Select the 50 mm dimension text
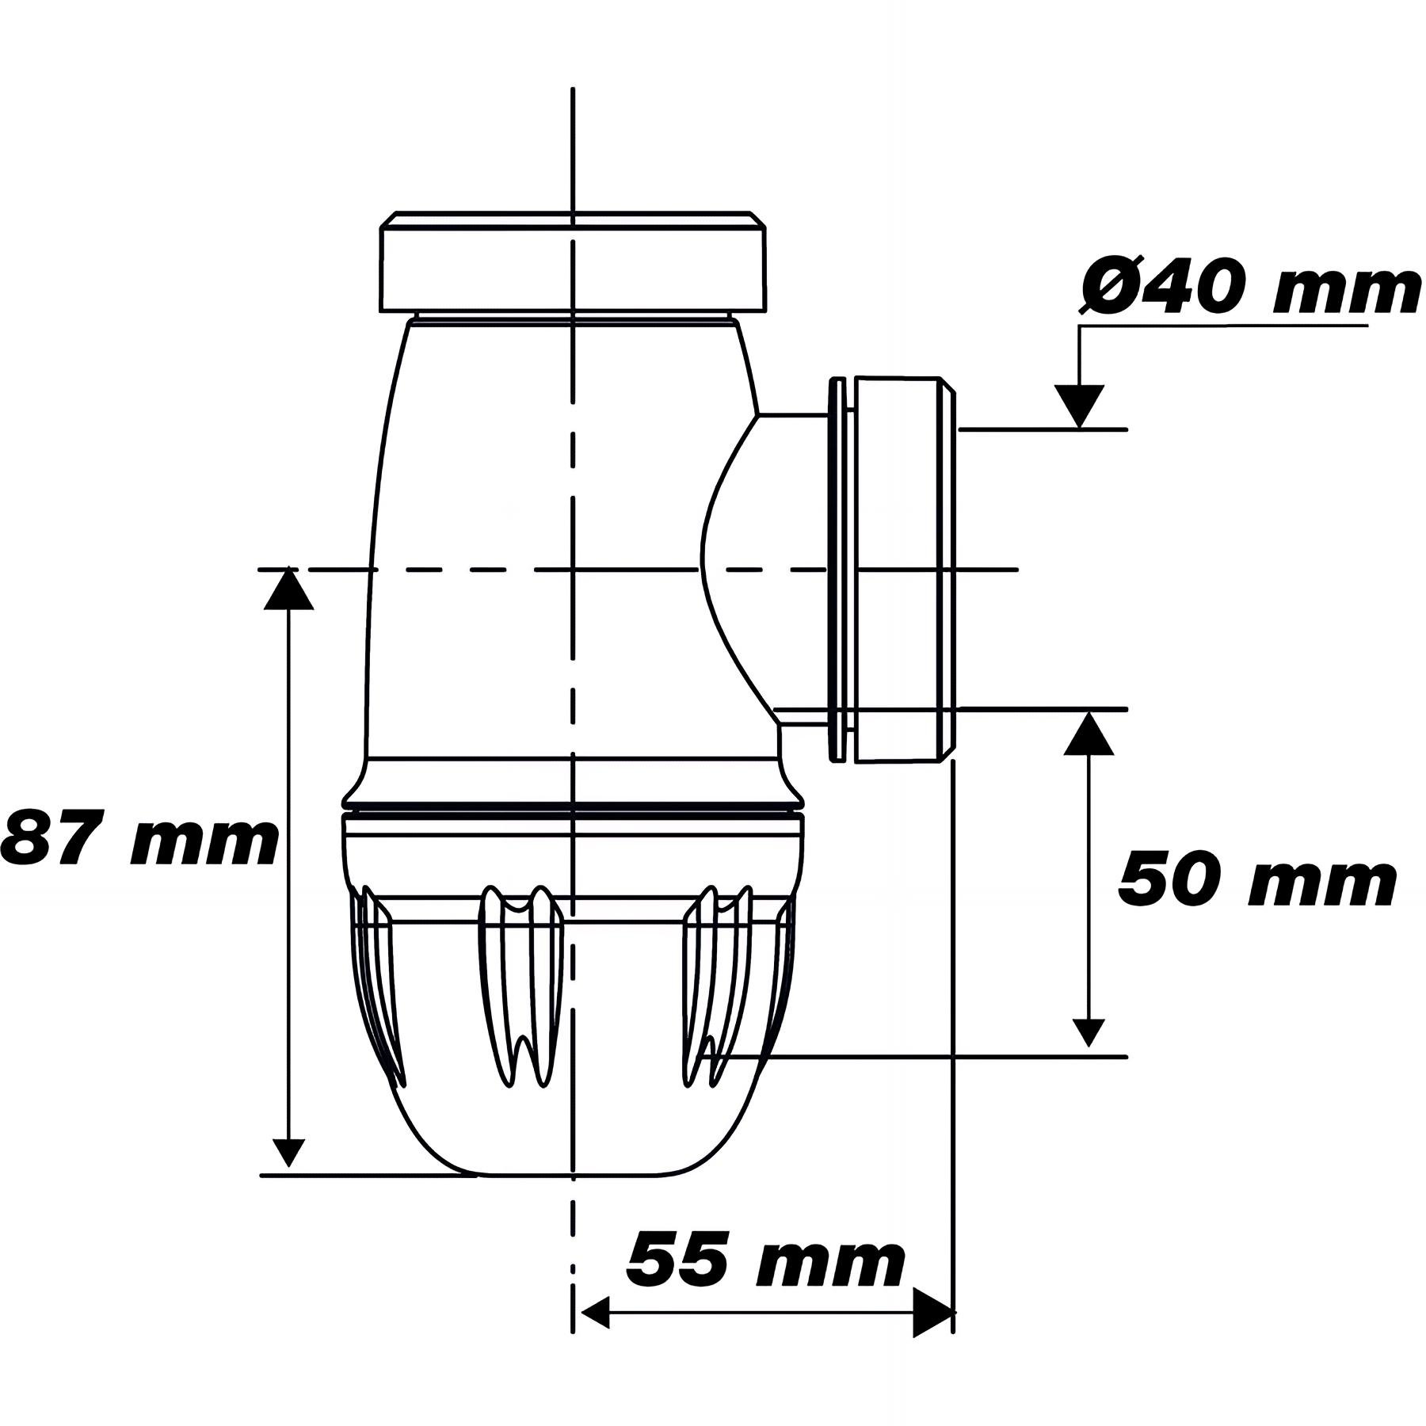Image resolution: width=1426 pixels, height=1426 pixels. [1256, 881]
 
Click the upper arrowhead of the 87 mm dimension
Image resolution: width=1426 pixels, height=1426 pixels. [289, 589]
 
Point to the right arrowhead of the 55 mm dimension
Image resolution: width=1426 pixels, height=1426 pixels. [933, 1312]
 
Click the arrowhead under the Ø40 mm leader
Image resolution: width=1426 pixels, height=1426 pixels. [1079, 406]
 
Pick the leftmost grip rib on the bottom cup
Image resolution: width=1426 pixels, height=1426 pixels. [379, 982]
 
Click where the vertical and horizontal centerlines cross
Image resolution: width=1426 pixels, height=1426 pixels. [572, 569]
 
